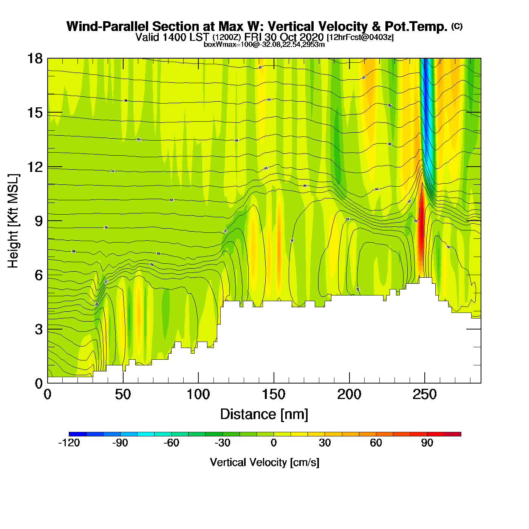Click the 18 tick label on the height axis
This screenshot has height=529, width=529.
[34, 59]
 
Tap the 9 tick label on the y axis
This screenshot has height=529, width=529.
[39, 221]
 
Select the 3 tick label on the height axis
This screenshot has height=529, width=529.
[39, 329]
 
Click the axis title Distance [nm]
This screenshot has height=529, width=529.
[264, 415]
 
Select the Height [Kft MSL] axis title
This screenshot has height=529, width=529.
[13, 221]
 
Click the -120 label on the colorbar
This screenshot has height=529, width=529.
[69, 443]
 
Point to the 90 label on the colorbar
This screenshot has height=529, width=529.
[427, 443]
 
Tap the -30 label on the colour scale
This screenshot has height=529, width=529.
[223, 443]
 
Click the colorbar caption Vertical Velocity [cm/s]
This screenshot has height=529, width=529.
[264, 462]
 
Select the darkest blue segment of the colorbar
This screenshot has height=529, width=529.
[77, 434]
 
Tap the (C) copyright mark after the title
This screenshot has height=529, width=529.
[457, 26]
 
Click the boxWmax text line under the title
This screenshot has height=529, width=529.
[264, 44]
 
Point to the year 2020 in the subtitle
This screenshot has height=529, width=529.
[311, 37]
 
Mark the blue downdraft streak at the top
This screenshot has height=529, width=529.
[426, 98]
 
